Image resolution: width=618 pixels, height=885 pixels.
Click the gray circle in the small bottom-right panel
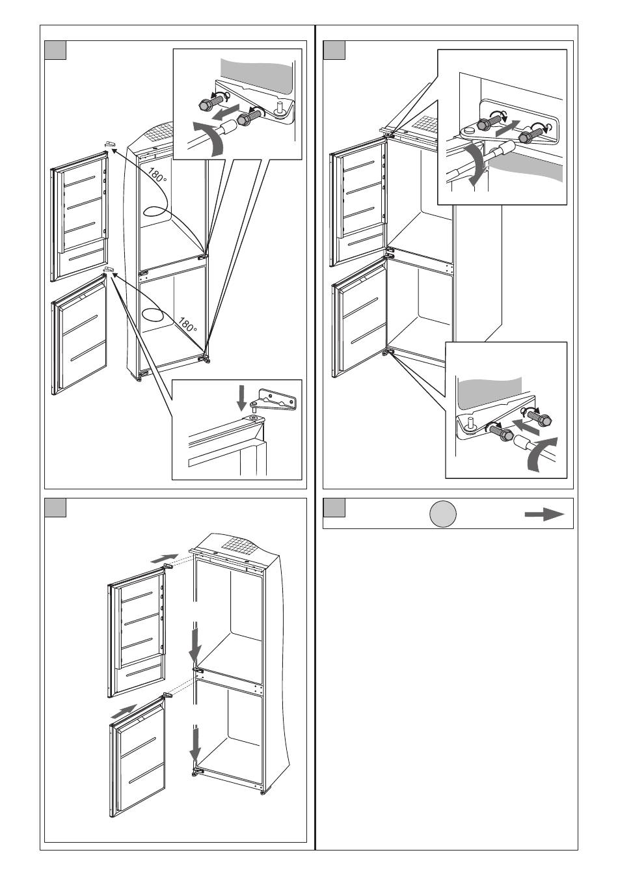442,514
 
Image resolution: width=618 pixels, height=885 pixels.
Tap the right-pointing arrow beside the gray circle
544,514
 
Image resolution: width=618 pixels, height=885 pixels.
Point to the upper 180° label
157,174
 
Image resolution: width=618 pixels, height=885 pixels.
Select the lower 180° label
187,324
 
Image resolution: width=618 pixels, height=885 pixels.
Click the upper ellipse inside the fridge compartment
155,211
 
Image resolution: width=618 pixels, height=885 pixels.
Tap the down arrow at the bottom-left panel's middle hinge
195,655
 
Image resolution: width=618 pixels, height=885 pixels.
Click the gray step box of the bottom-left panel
55,508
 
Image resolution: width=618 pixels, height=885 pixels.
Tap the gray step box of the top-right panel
334,50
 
